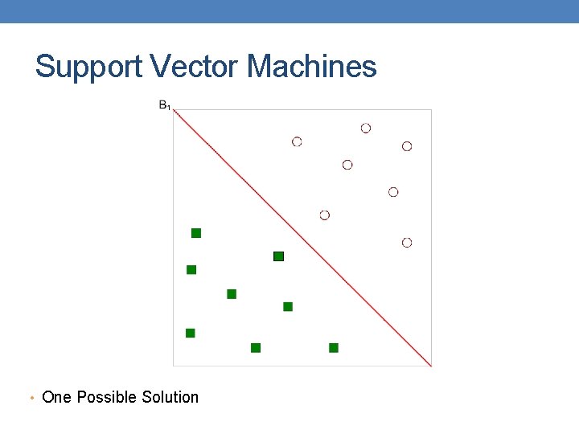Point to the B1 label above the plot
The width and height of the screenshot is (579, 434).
click(164, 104)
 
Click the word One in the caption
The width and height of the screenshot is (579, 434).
click(56, 397)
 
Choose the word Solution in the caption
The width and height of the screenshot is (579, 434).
click(170, 397)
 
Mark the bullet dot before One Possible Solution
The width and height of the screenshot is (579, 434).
click(31, 398)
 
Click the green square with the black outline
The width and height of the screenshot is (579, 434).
click(279, 256)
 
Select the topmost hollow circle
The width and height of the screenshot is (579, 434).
click(366, 128)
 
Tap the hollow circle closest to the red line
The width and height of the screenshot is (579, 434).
click(325, 215)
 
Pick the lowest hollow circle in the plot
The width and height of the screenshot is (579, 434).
click(407, 243)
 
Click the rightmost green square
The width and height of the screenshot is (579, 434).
click(334, 348)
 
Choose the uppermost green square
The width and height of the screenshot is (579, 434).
click(196, 233)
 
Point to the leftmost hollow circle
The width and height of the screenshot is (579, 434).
click(297, 141)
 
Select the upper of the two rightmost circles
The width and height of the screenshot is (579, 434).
click(407, 146)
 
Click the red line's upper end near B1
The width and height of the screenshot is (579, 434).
click(176, 112)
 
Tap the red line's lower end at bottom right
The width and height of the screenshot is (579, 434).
click(430, 365)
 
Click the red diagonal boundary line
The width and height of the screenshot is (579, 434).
click(303, 238)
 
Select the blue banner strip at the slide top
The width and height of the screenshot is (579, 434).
click(289, 11)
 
